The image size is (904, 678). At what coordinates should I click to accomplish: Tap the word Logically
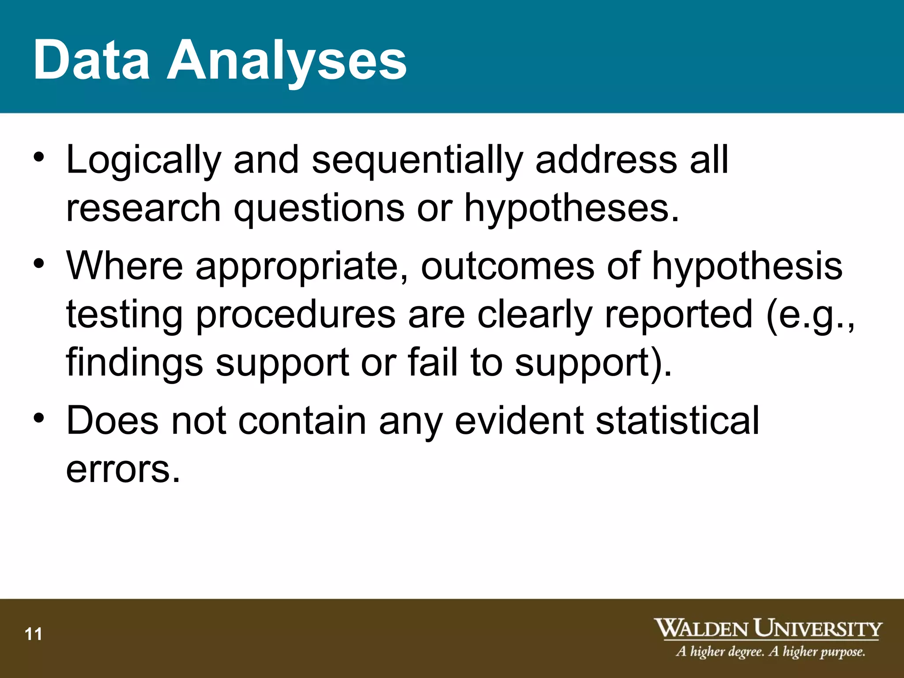click(143, 161)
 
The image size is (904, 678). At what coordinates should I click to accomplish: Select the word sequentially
click(417, 161)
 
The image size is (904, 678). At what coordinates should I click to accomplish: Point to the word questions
click(319, 209)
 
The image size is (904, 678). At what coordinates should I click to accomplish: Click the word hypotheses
click(571, 209)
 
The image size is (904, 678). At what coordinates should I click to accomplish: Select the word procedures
click(295, 315)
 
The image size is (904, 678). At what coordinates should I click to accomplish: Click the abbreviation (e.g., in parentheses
click(810, 316)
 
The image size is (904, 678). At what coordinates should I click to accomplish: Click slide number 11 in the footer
click(34, 634)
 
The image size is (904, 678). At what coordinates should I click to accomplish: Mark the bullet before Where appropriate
click(39, 264)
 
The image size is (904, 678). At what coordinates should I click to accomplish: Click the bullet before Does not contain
click(39, 418)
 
